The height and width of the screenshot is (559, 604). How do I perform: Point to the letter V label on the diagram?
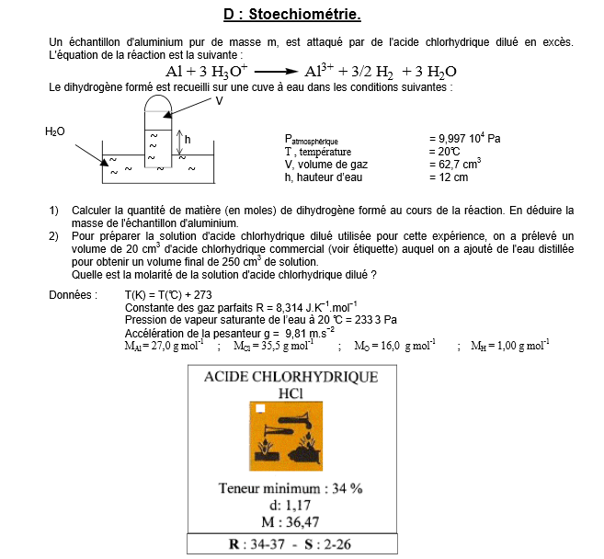tap(220, 101)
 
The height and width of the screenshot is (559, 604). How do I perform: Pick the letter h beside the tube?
tap(188, 139)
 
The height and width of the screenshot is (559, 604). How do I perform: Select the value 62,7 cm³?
tap(455, 164)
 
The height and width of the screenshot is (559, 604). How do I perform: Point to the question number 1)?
tap(54, 210)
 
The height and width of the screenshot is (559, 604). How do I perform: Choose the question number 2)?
tap(54, 236)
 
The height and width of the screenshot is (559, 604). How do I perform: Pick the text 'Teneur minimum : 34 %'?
tap(291, 487)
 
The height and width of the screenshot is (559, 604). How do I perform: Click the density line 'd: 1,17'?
tap(290, 505)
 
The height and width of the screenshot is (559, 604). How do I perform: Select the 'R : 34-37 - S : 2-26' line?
tap(291, 544)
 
